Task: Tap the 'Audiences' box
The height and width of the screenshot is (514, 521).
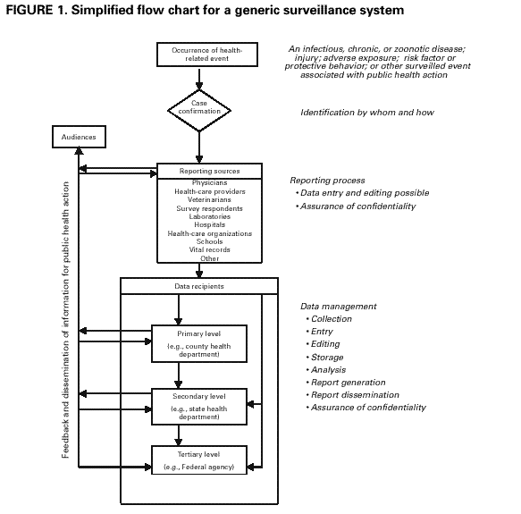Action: click(x=79, y=138)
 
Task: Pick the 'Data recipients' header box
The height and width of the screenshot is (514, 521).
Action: click(x=198, y=287)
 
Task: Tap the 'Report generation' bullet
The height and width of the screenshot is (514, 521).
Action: click(x=349, y=382)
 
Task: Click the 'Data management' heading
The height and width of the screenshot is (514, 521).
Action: click(x=339, y=306)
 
